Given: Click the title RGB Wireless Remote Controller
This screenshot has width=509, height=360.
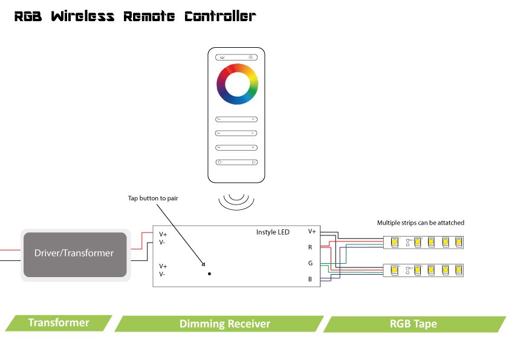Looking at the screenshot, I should (135, 16).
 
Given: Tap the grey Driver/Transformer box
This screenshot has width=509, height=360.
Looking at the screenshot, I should (74, 253).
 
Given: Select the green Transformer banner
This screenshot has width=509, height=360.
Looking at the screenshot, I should (59, 322).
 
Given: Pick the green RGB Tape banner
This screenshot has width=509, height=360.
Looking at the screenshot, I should (413, 324).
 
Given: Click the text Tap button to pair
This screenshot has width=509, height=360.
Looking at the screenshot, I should (153, 198).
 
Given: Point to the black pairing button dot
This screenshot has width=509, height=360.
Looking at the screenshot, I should (210, 274).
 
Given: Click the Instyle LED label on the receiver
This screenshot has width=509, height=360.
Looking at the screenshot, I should (273, 232).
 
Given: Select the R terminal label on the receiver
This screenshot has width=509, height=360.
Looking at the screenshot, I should (310, 247).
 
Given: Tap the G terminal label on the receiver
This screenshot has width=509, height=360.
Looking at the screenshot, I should (310, 263).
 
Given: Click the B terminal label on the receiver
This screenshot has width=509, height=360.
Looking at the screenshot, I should (310, 280).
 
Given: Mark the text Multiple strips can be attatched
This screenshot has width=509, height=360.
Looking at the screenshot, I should (420, 223).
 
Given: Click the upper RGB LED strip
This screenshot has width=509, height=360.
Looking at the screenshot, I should (424, 243).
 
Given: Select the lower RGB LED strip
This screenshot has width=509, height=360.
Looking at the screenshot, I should (424, 269).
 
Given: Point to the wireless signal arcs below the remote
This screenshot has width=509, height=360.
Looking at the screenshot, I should (236, 200).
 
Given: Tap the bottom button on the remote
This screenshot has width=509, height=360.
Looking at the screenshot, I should (237, 162).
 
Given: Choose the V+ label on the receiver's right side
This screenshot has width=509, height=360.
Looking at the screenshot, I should (311, 231).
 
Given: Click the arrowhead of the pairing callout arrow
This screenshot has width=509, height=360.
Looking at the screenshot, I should (204, 265).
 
